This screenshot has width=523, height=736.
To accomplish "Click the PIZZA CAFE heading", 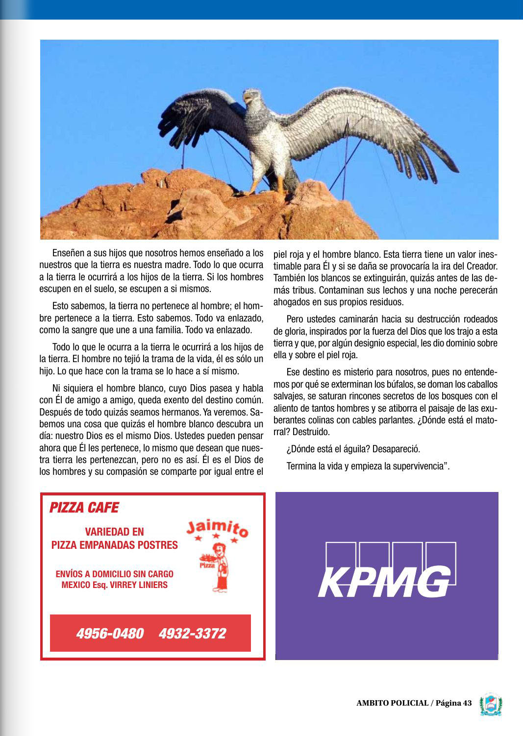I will [84, 508].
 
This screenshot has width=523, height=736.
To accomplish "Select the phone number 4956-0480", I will [110, 633].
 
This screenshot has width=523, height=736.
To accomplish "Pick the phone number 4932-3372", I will [192, 633].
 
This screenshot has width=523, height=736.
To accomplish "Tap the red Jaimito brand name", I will [217, 529].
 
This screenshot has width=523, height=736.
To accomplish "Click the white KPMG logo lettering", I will [385, 582].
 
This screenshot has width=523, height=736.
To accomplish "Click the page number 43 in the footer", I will [467, 703].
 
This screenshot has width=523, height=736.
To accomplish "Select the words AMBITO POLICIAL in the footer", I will [392, 703].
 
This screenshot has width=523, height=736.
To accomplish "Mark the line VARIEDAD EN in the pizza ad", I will [114, 532].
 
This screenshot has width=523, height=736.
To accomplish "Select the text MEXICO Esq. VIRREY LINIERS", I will [114, 585].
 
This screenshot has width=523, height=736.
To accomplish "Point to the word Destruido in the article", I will [312, 432].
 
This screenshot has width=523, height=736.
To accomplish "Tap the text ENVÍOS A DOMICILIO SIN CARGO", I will [114, 574].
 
